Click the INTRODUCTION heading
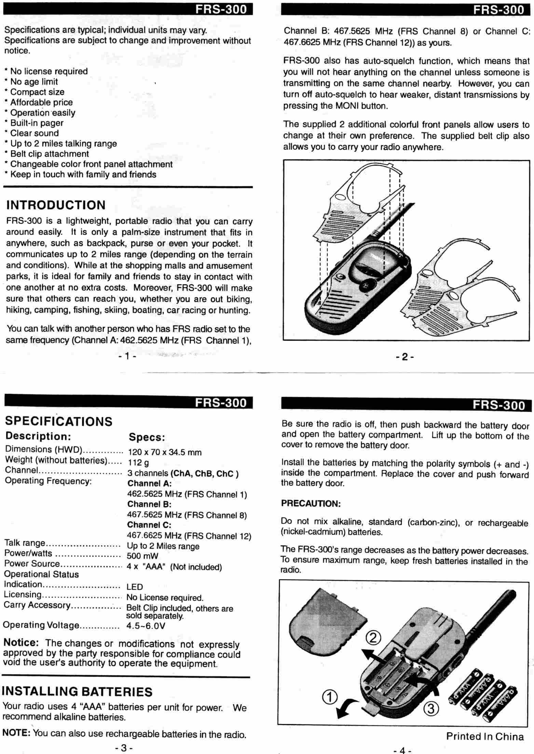pos(56,205)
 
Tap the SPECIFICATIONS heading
pos(59,421)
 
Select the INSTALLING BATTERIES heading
pos(77,692)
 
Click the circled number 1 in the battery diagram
pos(330,697)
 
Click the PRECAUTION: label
pos(311,504)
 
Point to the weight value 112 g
pos(138,463)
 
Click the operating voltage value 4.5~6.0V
pos(146,626)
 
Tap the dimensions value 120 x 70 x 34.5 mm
pos(165,452)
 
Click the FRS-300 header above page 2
pos(498,10)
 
